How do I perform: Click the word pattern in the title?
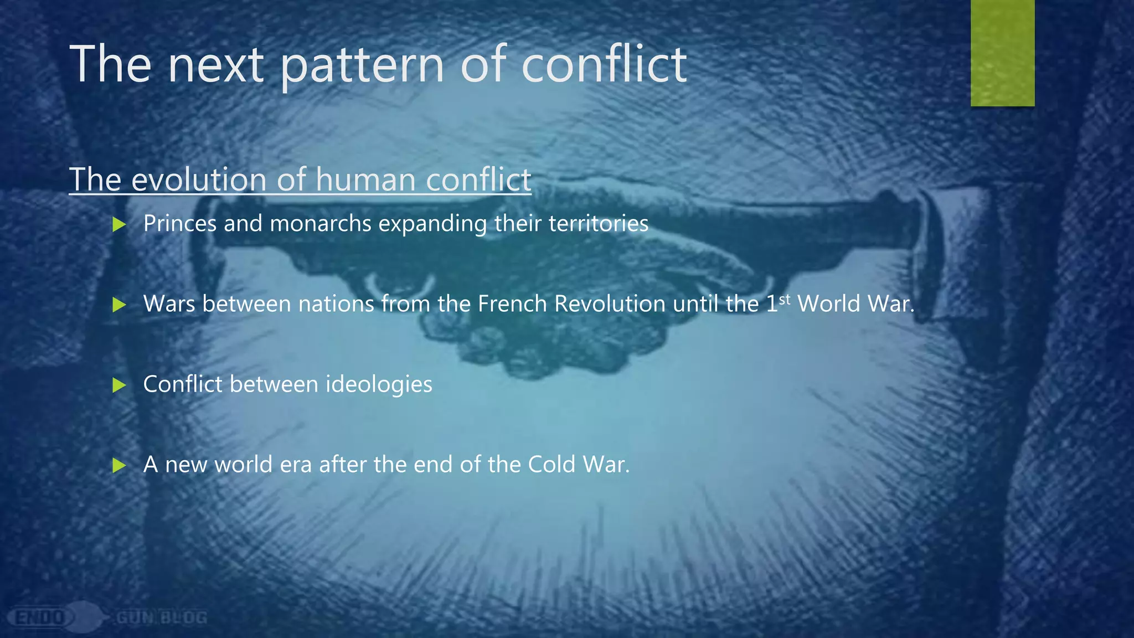click(x=363, y=65)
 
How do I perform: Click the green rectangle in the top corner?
click(x=1002, y=53)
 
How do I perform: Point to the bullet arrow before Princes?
click(x=119, y=224)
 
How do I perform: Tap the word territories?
click(x=598, y=224)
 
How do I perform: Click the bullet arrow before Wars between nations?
click(x=119, y=305)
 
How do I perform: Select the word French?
click(x=512, y=303)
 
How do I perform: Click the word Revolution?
click(x=610, y=303)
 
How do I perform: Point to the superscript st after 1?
click(x=785, y=300)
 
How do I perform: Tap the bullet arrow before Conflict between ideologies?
click(x=119, y=385)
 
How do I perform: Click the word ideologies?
click(x=378, y=384)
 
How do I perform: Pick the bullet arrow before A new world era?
click(x=119, y=465)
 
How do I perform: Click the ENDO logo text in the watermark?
click(x=40, y=617)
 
